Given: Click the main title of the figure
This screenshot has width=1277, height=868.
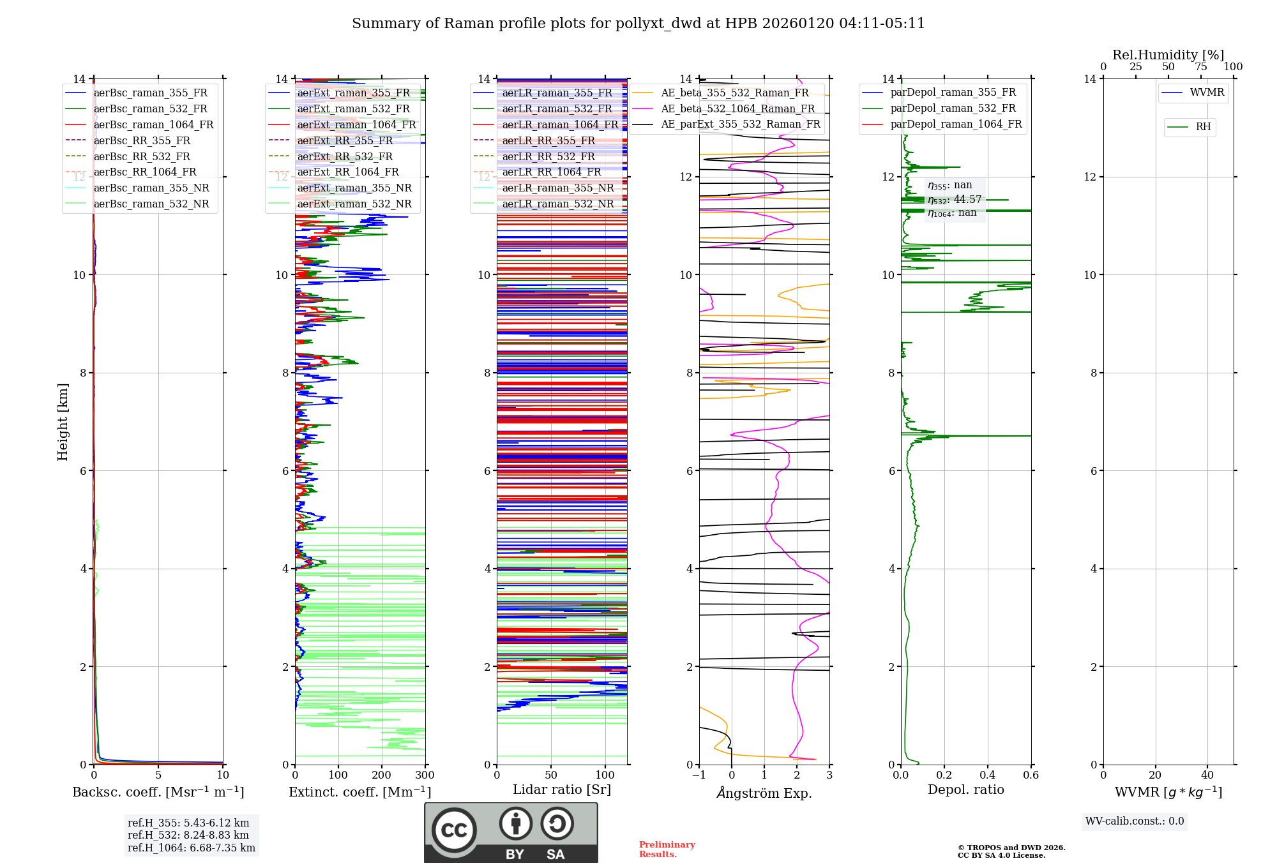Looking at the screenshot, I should (638, 24).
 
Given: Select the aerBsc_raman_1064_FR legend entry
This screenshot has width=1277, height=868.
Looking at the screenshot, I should (153, 125).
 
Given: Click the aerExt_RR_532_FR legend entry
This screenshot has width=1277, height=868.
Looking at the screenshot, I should (345, 156).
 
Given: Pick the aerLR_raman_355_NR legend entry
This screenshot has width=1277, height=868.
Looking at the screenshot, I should (557, 188).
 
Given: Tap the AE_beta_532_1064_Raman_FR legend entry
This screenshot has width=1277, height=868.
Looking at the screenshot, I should (737, 108).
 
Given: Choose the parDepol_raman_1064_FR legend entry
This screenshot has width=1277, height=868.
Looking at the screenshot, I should (956, 124).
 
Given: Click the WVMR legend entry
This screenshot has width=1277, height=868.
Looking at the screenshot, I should (1207, 93).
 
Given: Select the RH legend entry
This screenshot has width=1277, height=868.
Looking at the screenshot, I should (1203, 127).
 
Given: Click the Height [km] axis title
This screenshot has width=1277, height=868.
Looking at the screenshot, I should (63, 421).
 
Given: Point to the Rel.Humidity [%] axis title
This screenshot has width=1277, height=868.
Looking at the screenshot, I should (1168, 55).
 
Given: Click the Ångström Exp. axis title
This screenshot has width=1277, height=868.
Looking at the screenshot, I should (764, 793).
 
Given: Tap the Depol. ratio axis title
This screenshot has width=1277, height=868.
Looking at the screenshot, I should (965, 790).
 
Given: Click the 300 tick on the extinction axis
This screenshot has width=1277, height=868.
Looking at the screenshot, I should (425, 775).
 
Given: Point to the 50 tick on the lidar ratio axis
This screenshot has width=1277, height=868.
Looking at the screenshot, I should (551, 775).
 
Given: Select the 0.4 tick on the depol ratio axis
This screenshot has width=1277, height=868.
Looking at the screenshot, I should (988, 775).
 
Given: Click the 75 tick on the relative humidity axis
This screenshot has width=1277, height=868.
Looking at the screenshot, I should (1201, 66).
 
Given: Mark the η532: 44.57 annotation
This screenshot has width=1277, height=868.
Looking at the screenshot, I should (955, 200).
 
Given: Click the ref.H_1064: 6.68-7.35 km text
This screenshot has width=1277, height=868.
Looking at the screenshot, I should (192, 848).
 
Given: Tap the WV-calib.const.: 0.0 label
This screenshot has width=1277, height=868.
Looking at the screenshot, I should (1135, 821).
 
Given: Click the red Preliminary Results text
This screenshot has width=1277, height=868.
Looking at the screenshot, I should (667, 849).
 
